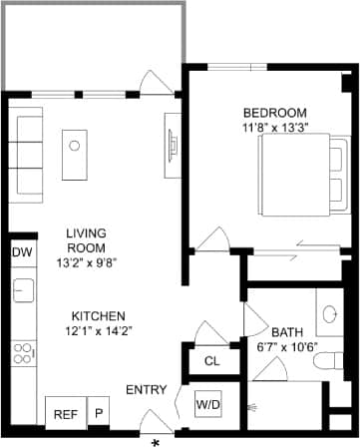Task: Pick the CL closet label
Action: [211, 361]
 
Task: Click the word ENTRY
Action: [147, 389]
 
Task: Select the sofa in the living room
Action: [27, 147]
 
